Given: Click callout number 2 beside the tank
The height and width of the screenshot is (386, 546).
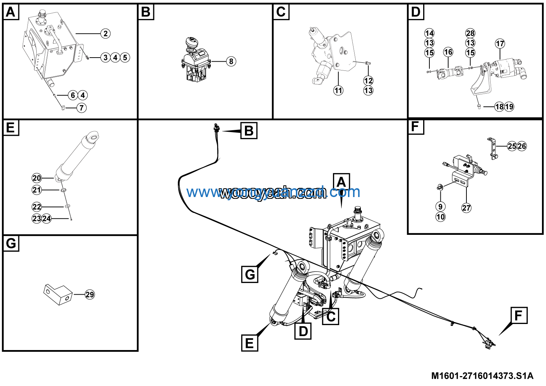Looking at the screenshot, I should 106,34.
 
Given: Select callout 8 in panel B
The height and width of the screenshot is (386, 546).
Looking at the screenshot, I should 231,61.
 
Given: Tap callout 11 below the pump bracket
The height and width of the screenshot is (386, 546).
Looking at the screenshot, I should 338,90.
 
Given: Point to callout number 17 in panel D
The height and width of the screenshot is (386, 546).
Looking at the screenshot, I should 500,44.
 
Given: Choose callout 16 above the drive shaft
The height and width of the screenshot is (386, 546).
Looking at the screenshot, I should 448,52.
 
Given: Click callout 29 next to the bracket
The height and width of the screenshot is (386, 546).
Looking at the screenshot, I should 90,294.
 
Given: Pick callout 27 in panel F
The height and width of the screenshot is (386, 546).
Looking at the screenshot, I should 466,208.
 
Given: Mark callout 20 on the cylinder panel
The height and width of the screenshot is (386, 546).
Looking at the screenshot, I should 37,178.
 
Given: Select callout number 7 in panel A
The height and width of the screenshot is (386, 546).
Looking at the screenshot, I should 81,108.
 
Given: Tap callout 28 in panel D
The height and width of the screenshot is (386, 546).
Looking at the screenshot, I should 470,33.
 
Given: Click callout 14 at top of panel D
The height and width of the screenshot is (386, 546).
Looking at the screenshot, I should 429,33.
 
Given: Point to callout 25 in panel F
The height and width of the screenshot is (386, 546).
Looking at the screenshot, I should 512,146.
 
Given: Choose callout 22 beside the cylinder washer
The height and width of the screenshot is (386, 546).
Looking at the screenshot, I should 37,207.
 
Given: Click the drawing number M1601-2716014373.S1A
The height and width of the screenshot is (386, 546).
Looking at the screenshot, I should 482,376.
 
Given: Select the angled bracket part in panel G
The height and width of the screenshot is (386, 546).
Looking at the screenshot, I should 58,294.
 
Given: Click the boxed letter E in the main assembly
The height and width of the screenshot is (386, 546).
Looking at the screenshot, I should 249,343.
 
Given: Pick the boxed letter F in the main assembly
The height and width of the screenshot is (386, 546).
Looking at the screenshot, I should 518,316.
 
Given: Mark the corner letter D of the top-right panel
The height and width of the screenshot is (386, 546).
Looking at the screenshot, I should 416,12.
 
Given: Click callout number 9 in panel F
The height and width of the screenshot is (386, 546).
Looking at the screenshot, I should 440,207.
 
